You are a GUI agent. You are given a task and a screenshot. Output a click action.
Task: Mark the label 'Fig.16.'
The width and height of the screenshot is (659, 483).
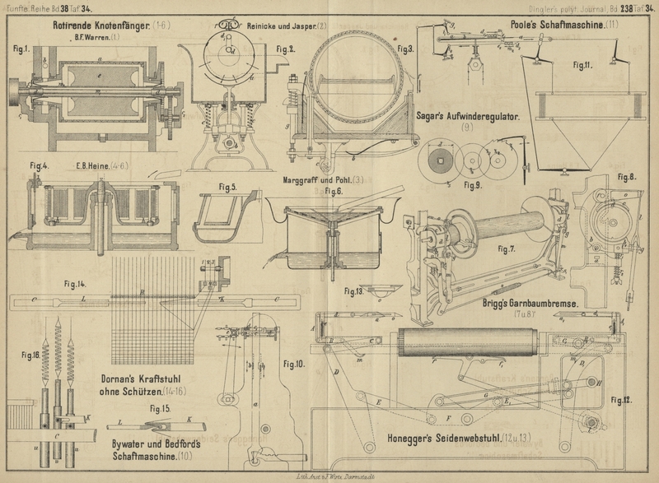(x=30, y=355)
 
